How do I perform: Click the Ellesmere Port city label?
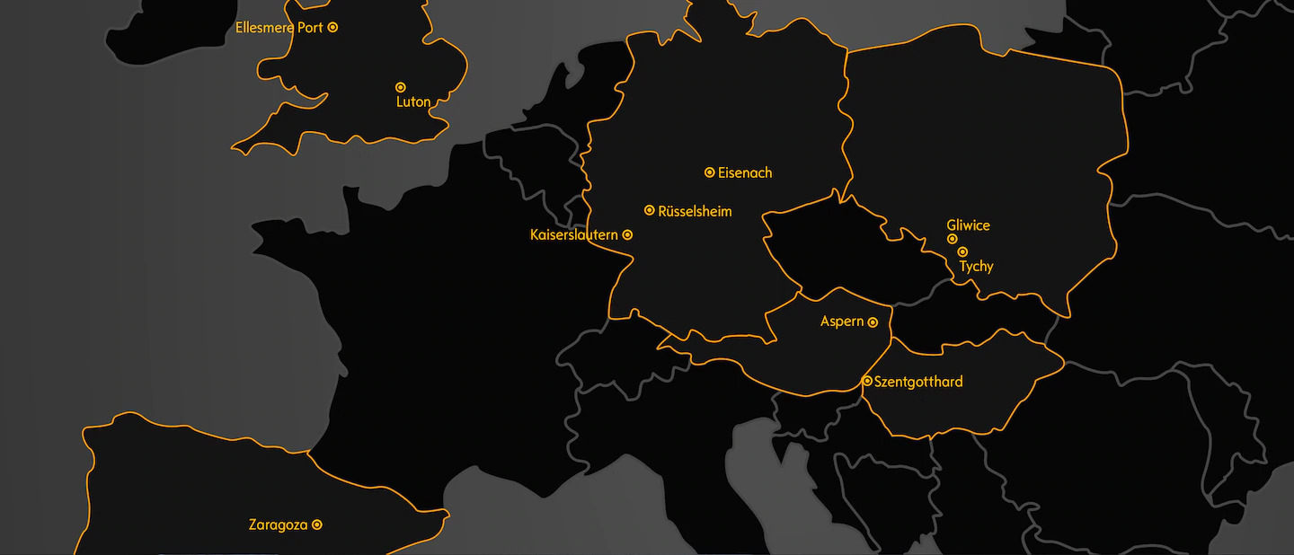coord(279,28)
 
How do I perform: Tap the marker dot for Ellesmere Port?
coord(332,27)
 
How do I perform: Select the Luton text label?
coord(413,102)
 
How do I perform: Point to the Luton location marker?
coord(401,87)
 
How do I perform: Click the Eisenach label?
coord(745,172)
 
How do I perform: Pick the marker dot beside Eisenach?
coord(710,172)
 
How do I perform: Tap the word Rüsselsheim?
coord(695,212)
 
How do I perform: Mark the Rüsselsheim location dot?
coord(650,210)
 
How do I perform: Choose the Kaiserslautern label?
coord(574,235)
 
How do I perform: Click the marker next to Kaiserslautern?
coord(627,234)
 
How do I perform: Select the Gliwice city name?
coord(968,225)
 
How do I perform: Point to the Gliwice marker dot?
coord(952,239)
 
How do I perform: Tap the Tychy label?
coord(976,267)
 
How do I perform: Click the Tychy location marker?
coord(962,251)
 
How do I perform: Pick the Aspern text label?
coord(842,322)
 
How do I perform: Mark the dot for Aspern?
coord(873,322)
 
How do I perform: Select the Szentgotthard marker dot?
coord(867,381)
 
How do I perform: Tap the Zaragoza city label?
coord(278,525)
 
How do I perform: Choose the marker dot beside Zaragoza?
coord(317,524)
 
